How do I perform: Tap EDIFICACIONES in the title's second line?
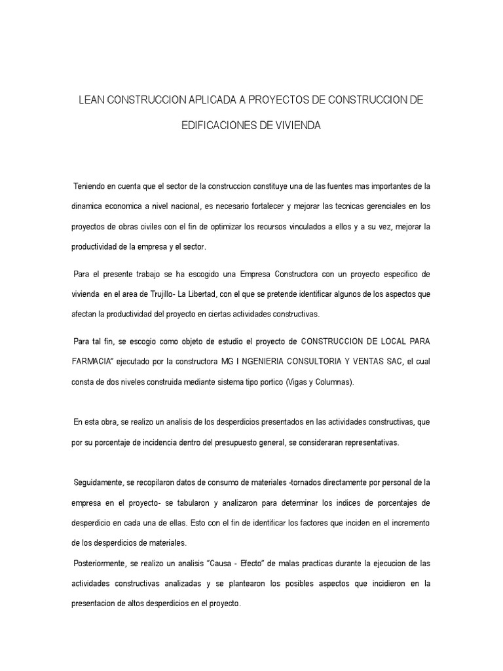click(x=220, y=126)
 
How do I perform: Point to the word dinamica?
click(x=88, y=206)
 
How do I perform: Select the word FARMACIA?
click(x=92, y=362)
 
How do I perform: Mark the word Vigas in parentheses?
click(x=300, y=382)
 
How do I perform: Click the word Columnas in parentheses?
click(x=335, y=382)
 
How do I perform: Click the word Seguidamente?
click(x=98, y=483)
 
